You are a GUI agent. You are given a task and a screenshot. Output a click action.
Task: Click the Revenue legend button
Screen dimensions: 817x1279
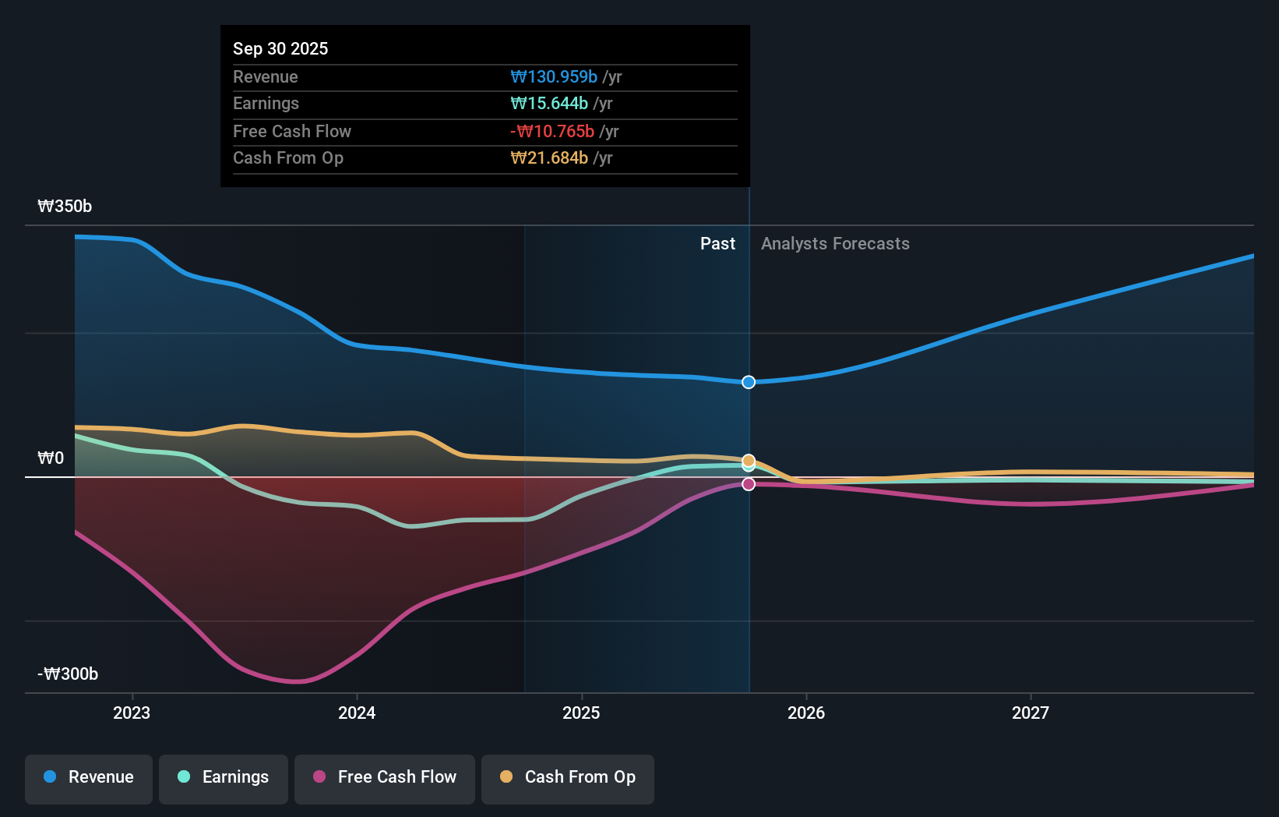point(89,777)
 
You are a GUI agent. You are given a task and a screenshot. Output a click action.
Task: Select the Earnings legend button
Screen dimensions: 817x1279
point(224,777)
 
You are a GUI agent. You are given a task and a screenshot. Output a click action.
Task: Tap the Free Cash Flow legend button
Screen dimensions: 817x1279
point(385,777)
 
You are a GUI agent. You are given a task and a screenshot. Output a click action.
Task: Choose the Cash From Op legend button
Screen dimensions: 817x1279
point(568,777)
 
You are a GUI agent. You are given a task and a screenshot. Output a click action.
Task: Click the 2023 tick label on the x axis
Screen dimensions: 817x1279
point(132,713)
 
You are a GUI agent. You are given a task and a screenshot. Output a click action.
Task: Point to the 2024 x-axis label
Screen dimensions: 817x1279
point(357,713)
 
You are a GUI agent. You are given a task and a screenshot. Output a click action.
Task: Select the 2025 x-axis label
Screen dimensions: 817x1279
point(581,713)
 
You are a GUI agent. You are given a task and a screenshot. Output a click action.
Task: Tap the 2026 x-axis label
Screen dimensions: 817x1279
point(806,713)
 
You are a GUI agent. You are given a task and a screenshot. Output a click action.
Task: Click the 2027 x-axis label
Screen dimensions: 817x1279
point(1031,713)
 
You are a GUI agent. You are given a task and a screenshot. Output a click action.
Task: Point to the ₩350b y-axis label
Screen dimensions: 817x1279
point(65,207)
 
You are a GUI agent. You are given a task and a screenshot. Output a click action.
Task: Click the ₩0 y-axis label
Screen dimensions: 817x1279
point(51,458)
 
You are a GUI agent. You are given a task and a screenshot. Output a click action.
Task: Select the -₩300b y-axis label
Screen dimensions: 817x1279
point(68,674)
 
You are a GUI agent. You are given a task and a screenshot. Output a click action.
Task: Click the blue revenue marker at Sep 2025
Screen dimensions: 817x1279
point(749,382)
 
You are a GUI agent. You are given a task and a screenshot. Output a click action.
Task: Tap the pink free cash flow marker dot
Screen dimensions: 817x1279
point(749,484)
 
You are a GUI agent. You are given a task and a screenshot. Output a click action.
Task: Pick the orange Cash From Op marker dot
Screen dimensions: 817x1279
point(749,461)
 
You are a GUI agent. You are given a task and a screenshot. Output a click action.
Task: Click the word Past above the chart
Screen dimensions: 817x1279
point(717,244)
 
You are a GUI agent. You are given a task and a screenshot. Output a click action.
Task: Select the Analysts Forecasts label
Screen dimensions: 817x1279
point(835,244)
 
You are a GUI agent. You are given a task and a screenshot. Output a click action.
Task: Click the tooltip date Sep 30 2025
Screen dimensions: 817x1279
point(280,49)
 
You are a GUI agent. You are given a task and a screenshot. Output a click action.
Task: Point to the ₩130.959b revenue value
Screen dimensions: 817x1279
point(554,77)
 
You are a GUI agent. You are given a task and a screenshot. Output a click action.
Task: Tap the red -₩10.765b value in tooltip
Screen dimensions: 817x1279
point(552,132)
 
